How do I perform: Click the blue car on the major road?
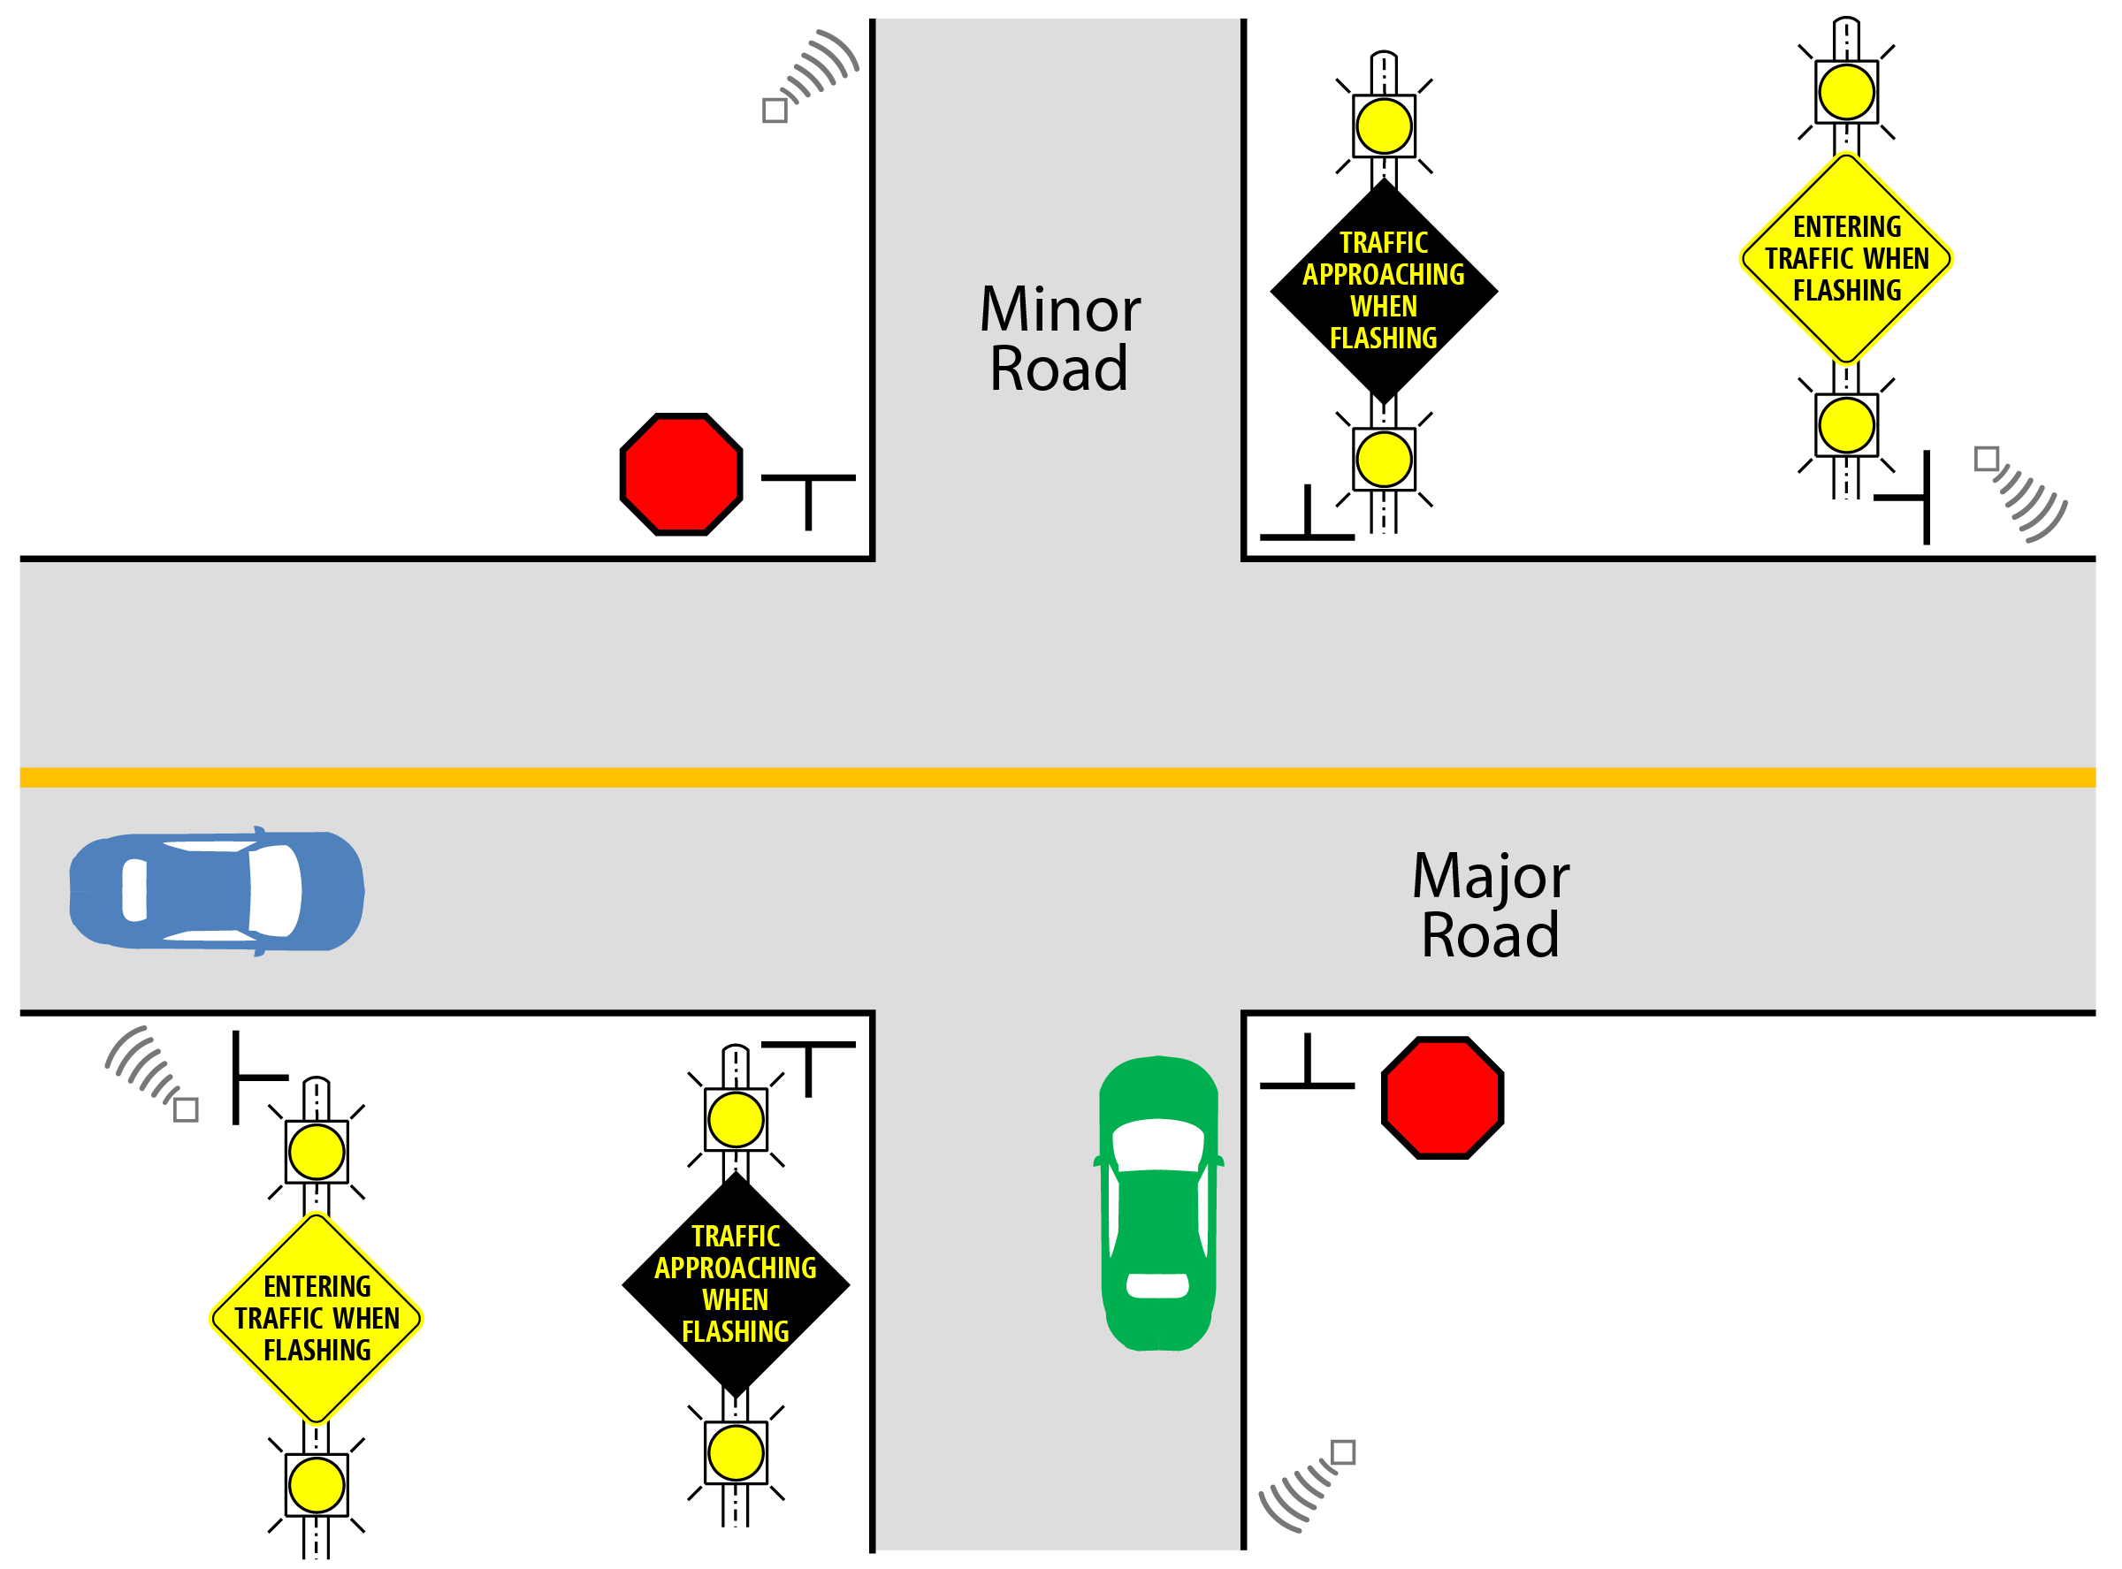(x=217, y=890)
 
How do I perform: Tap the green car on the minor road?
(x=1158, y=1202)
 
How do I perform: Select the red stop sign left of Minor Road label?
(x=681, y=474)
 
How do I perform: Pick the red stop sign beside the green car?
(x=1442, y=1098)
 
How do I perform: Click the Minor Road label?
(x=1059, y=339)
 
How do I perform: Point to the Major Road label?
(x=1490, y=905)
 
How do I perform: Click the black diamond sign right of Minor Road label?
(x=1383, y=291)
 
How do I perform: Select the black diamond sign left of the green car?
(x=736, y=1284)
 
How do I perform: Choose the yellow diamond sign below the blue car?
(x=317, y=1318)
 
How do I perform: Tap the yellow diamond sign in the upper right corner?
(x=1845, y=258)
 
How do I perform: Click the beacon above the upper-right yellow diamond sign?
(x=1845, y=92)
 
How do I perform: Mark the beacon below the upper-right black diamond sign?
(x=1383, y=459)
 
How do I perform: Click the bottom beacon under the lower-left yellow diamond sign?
(x=317, y=1484)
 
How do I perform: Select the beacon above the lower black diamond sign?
(x=736, y=1120)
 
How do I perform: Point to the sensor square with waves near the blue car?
(x=187, y=1109)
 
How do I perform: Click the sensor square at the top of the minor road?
(x=775, y=110)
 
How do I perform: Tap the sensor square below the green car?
(x=1342, y=1453)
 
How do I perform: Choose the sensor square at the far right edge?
(x=1986, y=459)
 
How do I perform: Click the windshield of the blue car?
(x=274, y=890)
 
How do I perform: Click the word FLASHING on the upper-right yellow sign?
(x=1846, y=291)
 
